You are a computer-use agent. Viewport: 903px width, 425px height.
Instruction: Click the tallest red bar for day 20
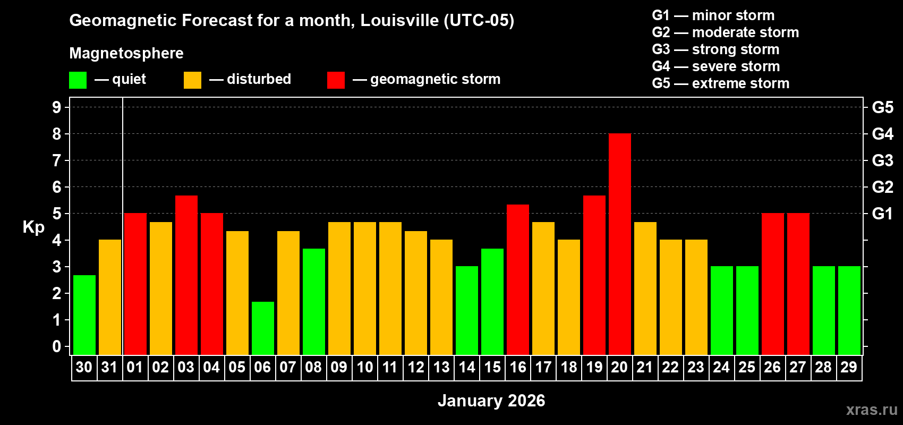coord(620,244)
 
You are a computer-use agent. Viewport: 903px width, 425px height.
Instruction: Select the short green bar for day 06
coord(263,328)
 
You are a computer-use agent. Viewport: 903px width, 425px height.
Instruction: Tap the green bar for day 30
coord(84,314)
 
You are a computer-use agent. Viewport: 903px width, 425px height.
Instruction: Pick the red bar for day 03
coord(186,275)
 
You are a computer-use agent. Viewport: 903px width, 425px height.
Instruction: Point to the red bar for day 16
coord(518,279)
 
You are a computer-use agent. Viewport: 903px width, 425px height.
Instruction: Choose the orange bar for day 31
coord(110,297)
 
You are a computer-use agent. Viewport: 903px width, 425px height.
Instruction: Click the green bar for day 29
coord(849,310)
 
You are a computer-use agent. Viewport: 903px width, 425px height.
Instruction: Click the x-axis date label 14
coord(467,368)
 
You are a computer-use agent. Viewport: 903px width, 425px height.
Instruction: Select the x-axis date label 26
coord(772,368)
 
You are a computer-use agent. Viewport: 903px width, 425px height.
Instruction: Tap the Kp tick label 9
coord(57,107)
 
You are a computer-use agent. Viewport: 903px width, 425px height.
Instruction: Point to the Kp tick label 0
coord(57,346)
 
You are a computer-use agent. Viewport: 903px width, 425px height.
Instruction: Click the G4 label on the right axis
coord(882,134)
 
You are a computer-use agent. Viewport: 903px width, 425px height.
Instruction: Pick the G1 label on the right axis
coord(882,214)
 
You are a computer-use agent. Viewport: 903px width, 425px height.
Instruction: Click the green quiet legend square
coord(78,80)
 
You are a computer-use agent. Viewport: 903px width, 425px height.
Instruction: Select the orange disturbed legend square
coord(192,80)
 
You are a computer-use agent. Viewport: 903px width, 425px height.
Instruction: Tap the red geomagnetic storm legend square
coord(336,80)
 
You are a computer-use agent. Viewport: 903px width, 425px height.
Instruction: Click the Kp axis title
coord(33,227)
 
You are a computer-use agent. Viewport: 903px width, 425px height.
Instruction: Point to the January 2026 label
coord(491,401)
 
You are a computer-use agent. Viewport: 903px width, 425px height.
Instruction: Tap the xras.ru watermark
coord(872,410)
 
